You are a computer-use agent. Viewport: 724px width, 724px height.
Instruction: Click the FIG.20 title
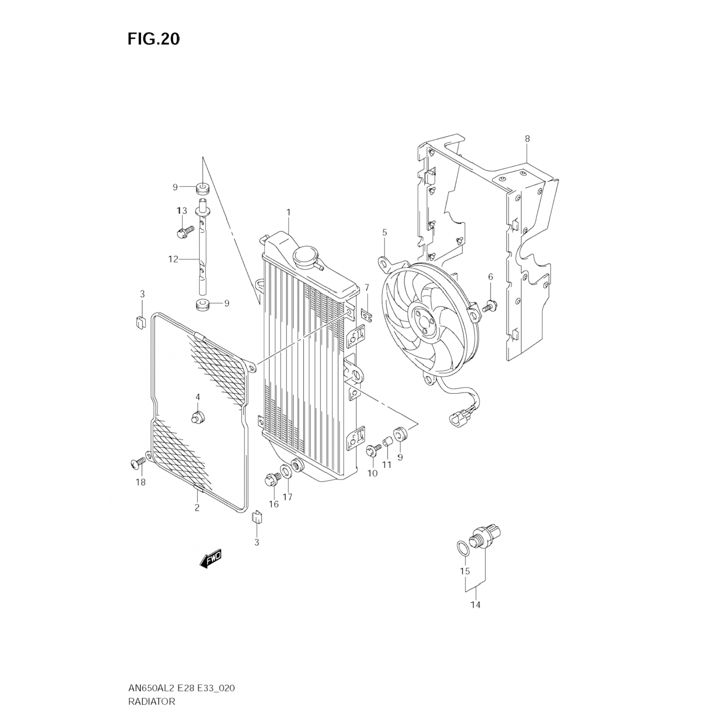click(153, 39)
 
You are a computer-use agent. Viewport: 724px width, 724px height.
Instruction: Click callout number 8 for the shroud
click(527, 139)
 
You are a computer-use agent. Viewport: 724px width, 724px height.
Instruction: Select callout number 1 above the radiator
click(288, 212)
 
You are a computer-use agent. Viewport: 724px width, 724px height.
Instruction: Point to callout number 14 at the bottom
click(475, 605)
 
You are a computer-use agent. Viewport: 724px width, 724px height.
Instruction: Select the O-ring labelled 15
click(462, 548)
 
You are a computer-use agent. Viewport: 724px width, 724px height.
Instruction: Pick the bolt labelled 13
click(185, 232)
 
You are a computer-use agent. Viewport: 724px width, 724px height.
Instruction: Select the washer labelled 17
click(286, 471)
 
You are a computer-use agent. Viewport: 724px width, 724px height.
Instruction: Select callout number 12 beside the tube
click(173, 259)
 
